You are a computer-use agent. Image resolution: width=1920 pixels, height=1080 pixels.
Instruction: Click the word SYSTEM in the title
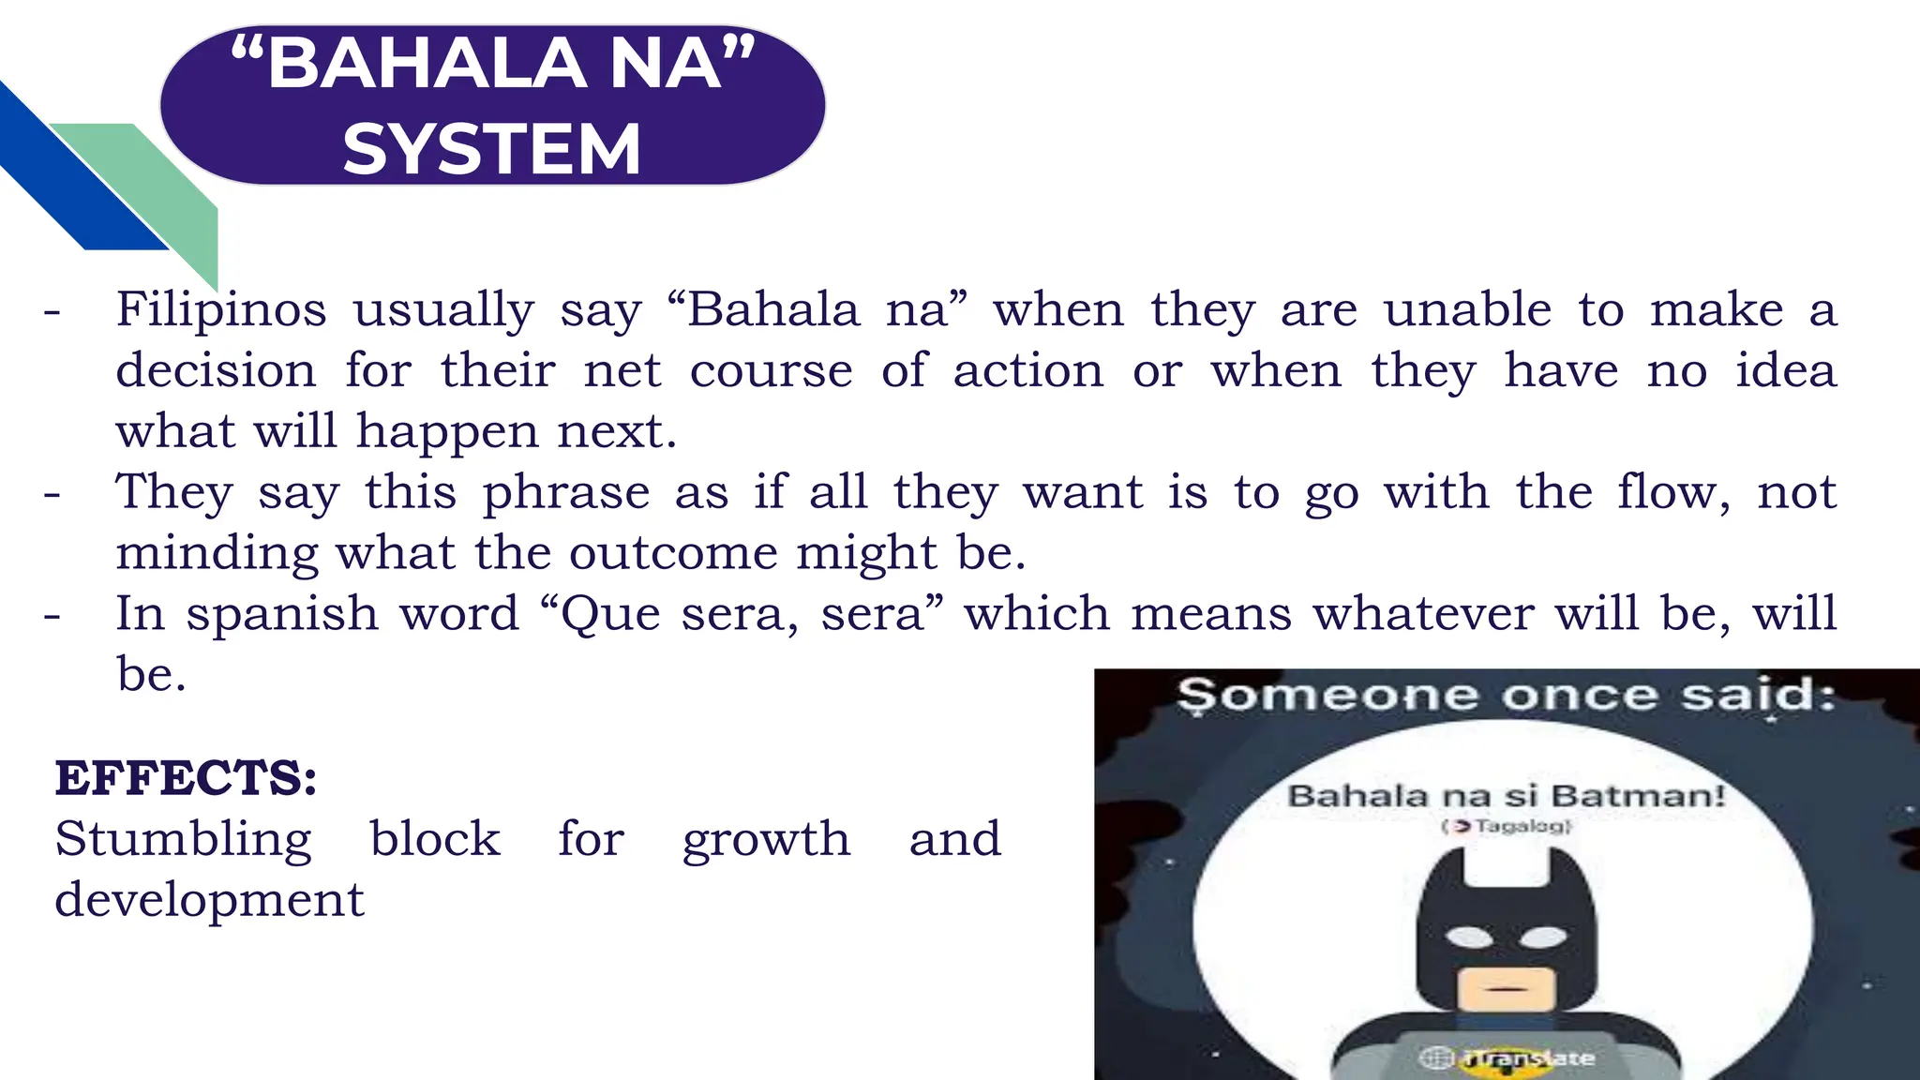(x=491, y=149)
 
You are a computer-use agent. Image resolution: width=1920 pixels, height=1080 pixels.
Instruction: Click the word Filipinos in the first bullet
(x=221, y=309)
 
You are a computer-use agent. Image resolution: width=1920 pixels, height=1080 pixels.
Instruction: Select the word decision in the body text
(x=216, y=370)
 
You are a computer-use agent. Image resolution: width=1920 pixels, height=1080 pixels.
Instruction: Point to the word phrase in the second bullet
(x=566, y=492)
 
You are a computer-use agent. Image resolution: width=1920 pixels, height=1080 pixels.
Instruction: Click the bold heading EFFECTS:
(x=186, y=778)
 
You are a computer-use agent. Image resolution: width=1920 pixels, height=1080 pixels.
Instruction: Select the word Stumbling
(x=183, y=839)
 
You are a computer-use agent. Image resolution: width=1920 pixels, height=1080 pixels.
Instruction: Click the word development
(x=209, y=900)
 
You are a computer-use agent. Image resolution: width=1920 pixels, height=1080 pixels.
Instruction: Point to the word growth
(x=766, y=839)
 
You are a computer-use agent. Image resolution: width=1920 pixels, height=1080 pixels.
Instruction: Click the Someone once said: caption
(x=1506, y=696)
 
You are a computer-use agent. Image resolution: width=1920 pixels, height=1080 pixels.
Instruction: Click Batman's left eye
(x=1468, y=937)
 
